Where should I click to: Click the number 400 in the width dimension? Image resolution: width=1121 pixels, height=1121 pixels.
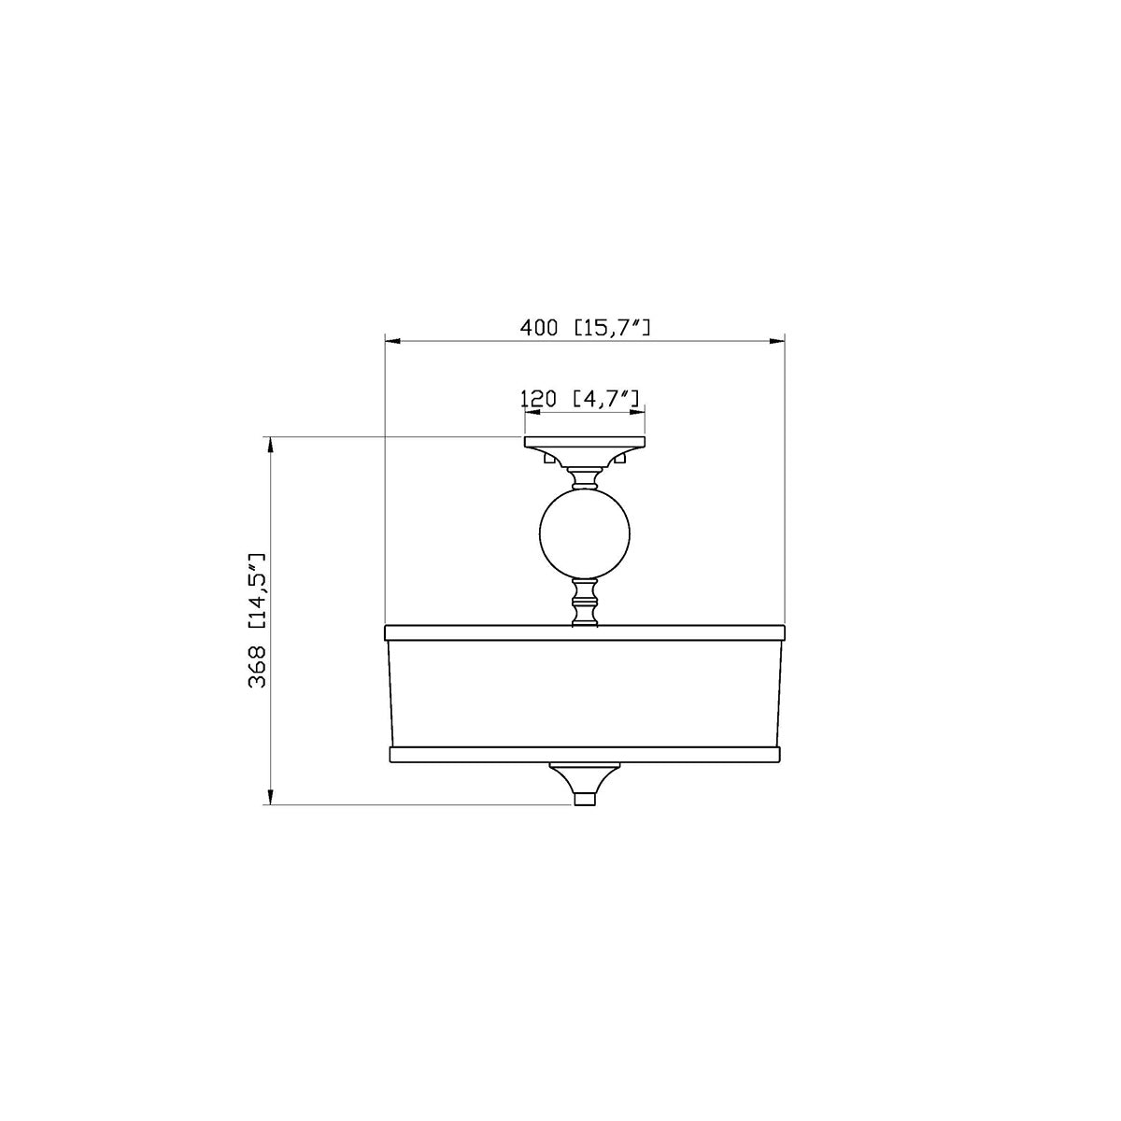[538, 328]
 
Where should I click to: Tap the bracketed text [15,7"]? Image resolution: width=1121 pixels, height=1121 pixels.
[612, 328]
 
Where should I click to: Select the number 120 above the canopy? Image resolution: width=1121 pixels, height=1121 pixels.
[537, 399]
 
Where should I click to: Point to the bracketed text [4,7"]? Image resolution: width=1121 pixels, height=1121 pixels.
[606, 399]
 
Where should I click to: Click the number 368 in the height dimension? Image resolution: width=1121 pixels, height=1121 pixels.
[257, 667]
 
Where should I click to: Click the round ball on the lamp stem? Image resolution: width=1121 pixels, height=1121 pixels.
[585, 532]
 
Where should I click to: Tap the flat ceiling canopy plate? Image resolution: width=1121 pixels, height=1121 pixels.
[585, 442]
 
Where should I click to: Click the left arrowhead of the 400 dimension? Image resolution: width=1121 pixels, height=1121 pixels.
[393, 342]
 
